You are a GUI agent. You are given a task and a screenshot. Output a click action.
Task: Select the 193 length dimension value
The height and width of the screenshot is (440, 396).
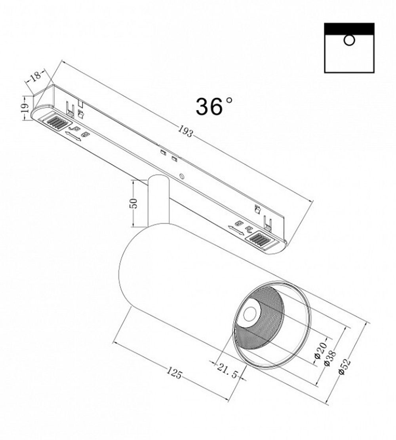[185, 131]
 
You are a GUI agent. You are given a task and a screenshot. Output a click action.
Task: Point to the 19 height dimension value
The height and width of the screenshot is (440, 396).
[25, 107]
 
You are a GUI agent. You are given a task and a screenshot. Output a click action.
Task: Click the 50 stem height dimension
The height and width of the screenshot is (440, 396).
[134, 203]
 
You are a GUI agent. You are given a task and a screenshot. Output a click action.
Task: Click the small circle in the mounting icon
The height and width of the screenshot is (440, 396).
[349, 40]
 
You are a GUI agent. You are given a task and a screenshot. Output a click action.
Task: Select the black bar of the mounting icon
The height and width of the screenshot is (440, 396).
[349, 28]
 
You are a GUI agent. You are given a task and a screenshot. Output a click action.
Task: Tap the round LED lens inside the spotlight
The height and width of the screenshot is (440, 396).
[249, 314]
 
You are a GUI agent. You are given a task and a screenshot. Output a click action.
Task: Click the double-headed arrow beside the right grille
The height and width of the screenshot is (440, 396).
[236, 229]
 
